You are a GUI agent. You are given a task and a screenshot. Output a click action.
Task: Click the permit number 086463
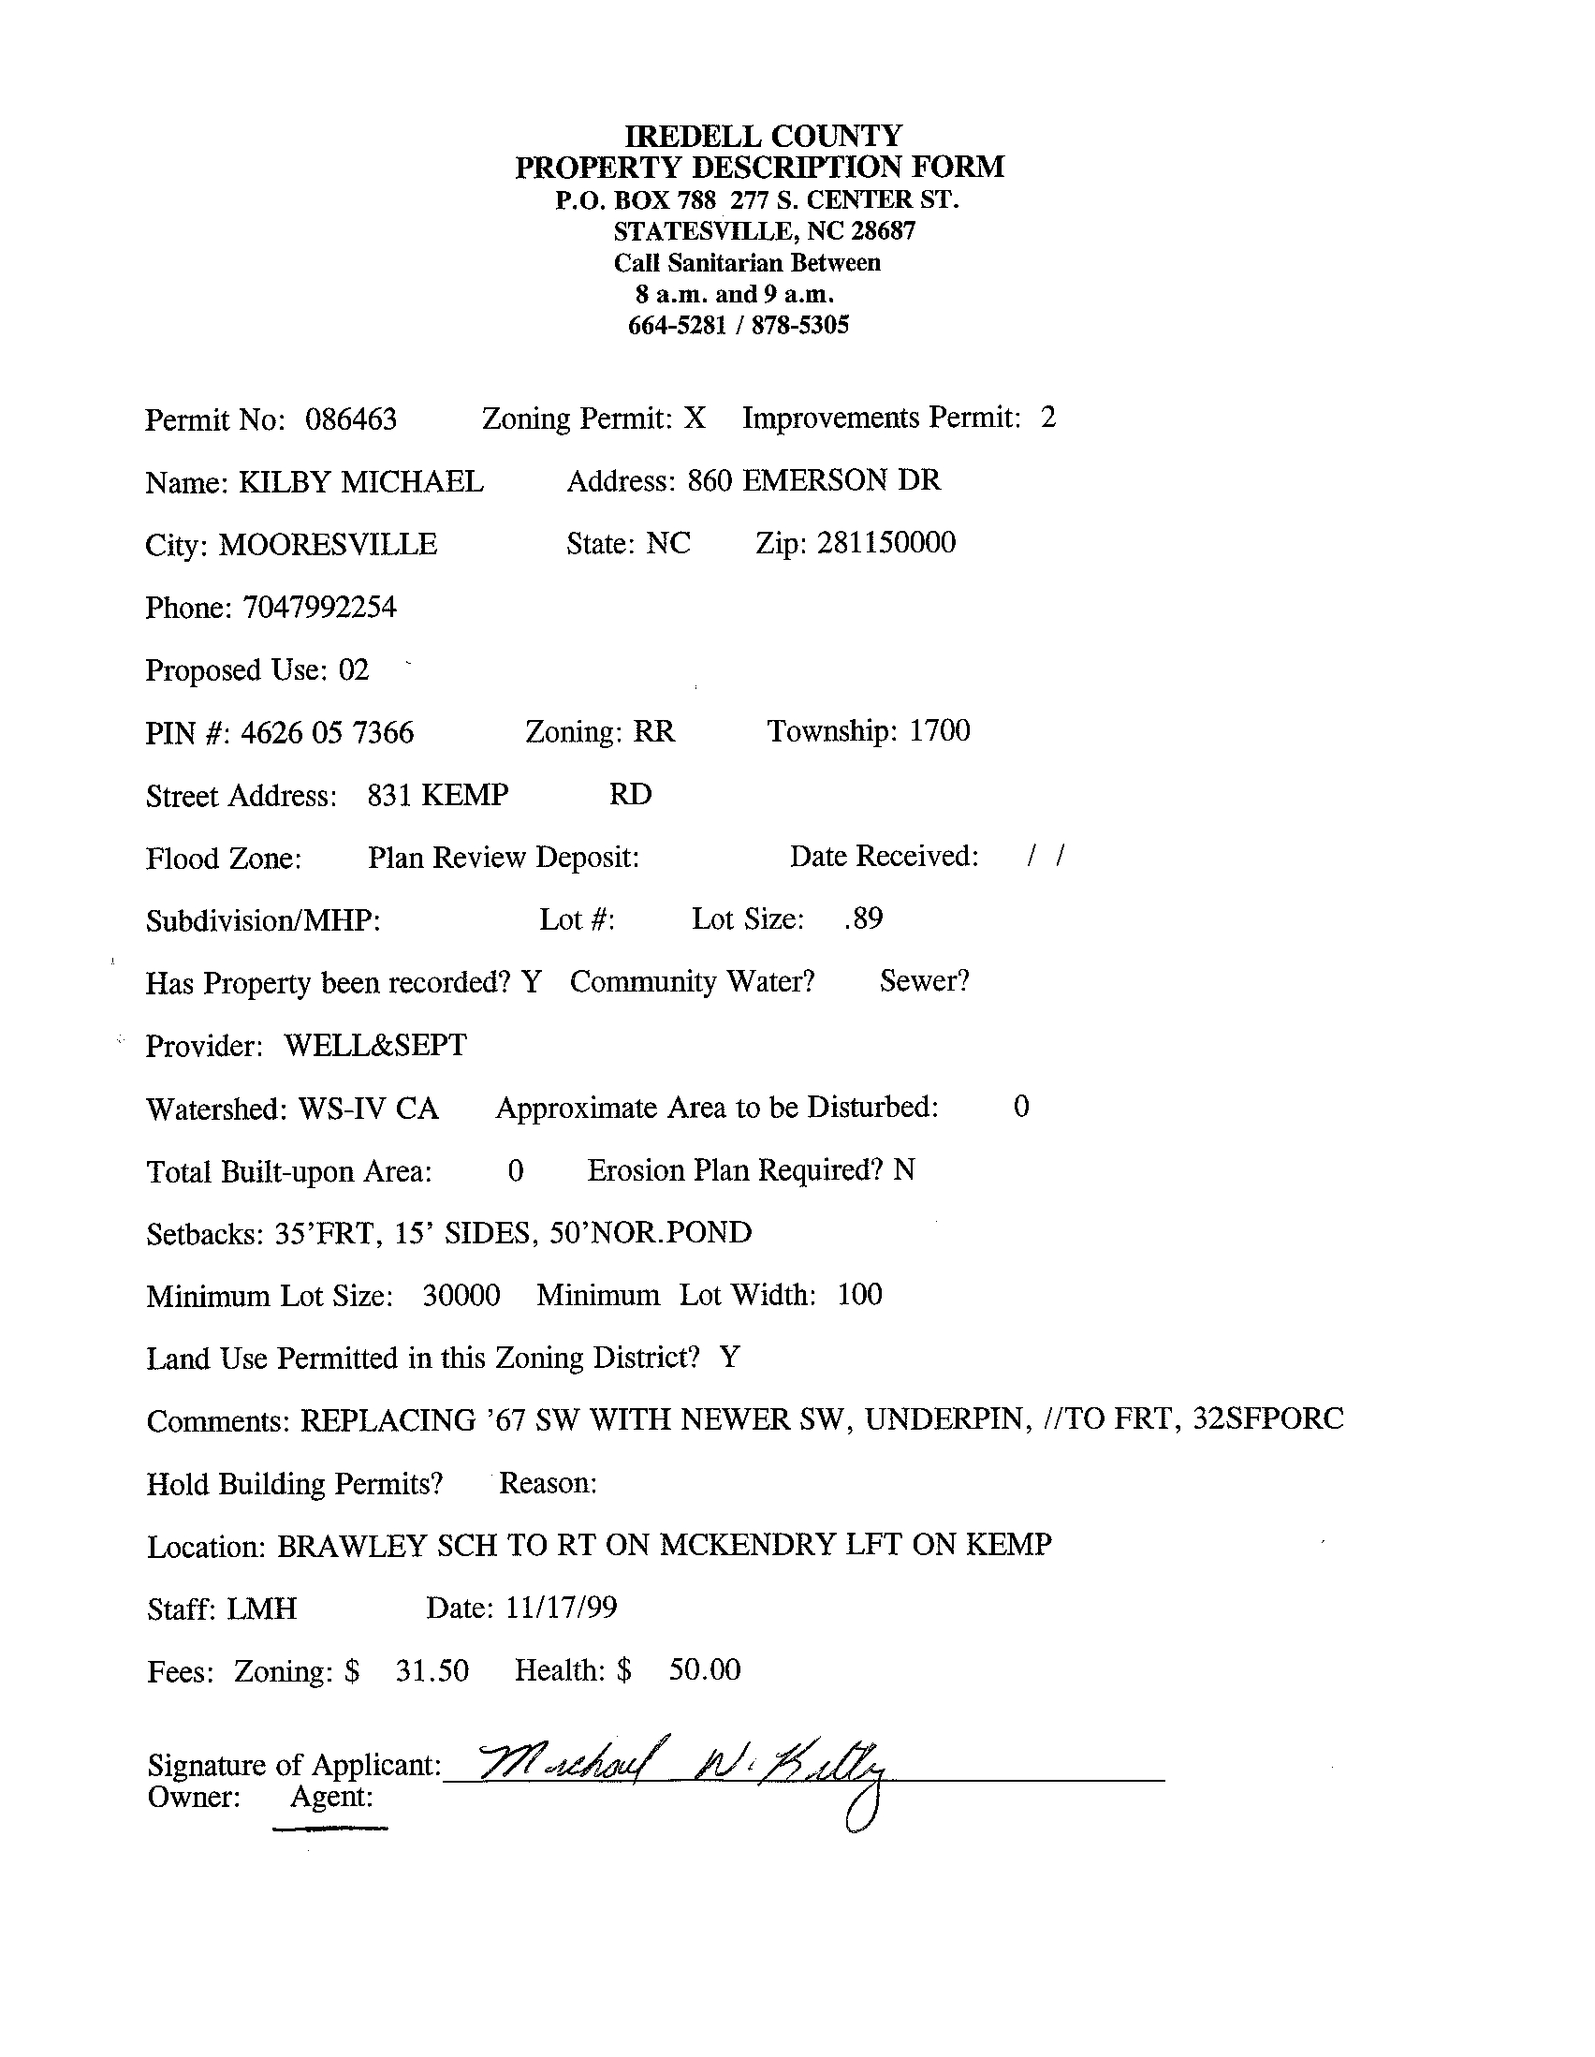[x=350, y=419]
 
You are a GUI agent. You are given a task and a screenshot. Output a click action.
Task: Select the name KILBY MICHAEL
[x=360, y=482]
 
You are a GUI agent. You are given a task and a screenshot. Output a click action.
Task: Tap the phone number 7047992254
[x=319, y=608]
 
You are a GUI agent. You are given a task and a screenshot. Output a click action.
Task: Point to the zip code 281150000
[x=886, y=543]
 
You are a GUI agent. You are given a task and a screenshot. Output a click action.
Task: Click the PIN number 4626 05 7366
[x=327, y=733]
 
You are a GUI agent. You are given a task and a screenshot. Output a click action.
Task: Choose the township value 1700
[x=939, y=731]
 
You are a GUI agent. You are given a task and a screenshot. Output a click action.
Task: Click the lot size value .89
[x=863, y=918]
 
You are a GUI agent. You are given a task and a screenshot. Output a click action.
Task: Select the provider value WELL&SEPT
[x=374, y=1046]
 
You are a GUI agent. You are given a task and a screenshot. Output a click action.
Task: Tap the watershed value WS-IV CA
[x=368, y=1109]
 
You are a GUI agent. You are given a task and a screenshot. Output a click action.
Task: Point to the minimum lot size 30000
[x=461, y=1296]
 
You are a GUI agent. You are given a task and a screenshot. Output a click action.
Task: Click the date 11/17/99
[x=561, y=1608]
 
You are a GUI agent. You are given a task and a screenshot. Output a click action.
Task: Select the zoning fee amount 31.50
[x=432, y=1671]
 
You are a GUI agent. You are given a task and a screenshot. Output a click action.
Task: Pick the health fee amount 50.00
[x=704, y=1670]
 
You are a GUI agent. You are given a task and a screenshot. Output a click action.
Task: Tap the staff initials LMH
[x=262, y=1609]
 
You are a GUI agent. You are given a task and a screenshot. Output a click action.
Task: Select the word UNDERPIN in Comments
[x=944, y=1419]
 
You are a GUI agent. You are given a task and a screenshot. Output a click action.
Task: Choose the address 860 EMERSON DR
[x=813, y=480]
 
